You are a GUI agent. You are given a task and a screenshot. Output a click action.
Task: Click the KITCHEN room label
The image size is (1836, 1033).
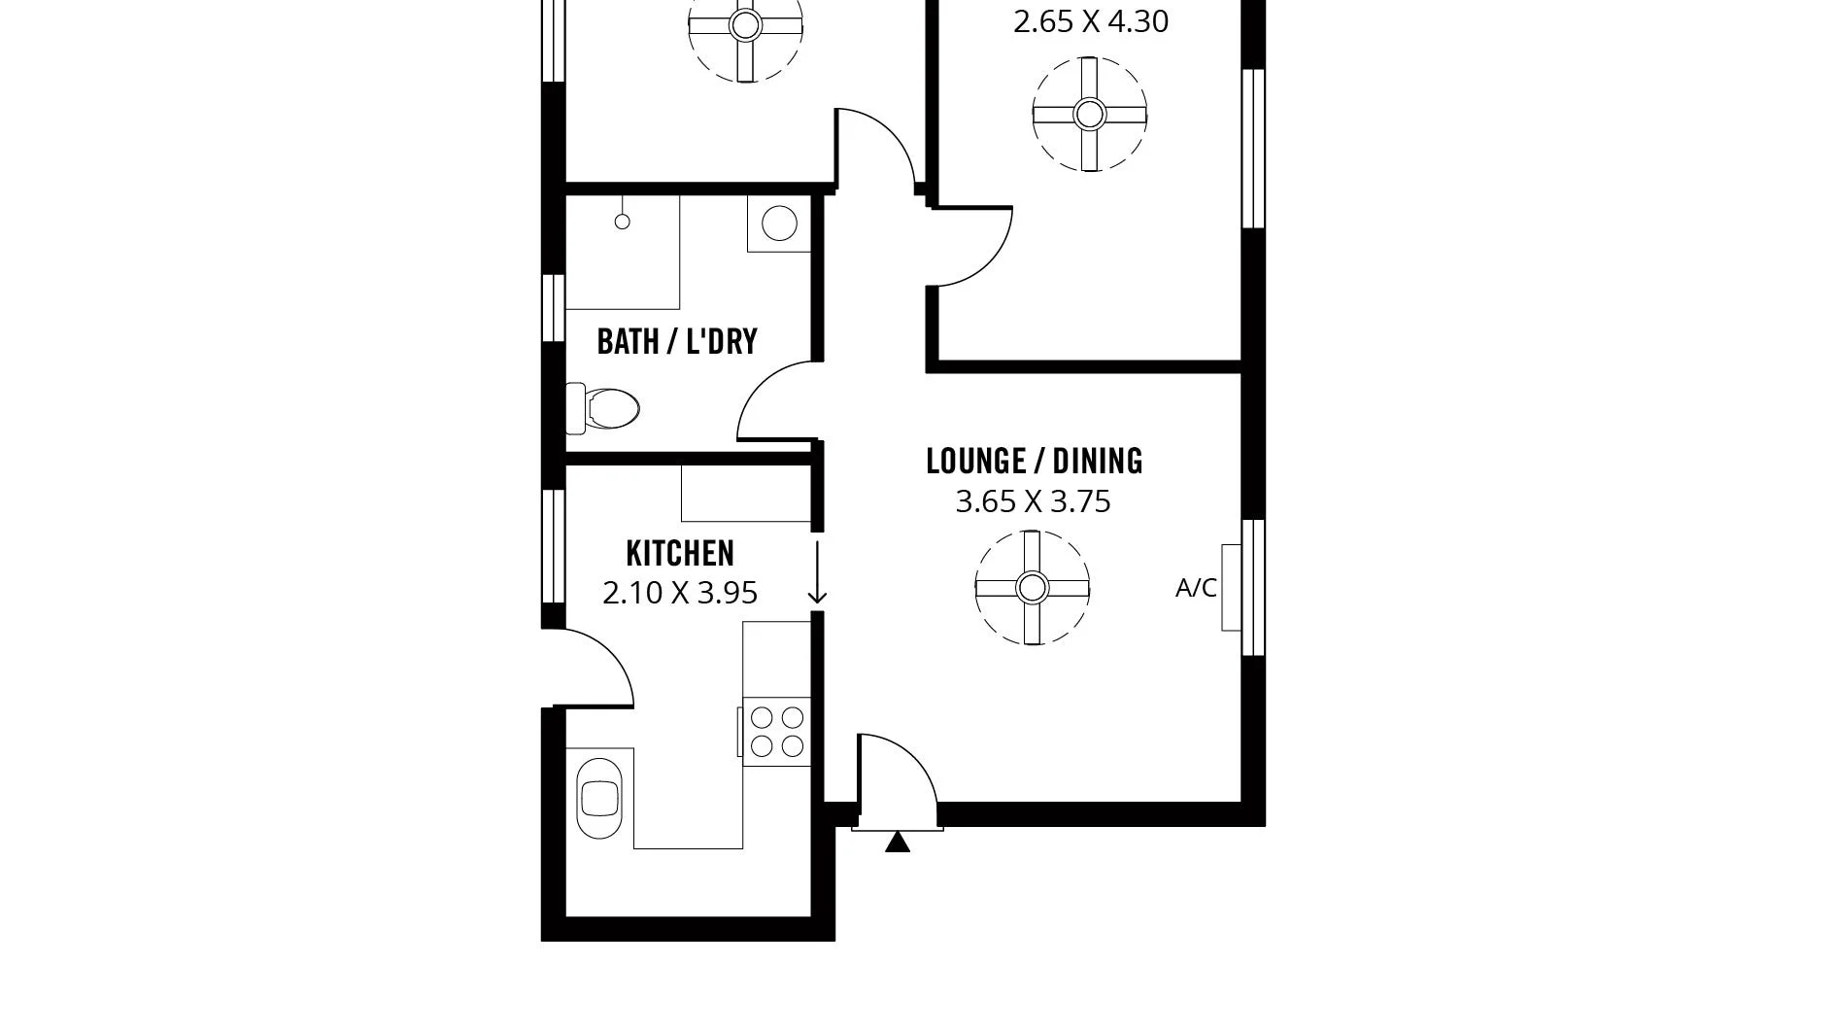[x=680, y=553]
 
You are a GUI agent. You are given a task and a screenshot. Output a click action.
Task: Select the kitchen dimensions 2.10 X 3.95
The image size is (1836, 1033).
[x=680, y=593]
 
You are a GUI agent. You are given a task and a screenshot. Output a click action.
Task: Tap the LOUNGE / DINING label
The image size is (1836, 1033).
[x=1034, y=461]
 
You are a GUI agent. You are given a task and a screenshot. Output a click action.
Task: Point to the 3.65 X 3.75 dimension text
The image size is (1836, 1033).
[x=1033, y=501]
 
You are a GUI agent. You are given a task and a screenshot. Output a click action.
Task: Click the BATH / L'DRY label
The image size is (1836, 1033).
[x=677, y=342]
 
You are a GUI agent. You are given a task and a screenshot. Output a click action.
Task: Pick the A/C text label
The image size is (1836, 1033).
[x=1196, y=588]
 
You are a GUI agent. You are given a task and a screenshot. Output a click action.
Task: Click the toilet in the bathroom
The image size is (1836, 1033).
[x=604, y=408]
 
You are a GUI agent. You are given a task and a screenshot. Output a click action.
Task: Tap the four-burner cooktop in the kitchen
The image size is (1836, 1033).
[x=777, y=732]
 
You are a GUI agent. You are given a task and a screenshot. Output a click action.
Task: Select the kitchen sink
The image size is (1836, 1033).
[x=598, y=799]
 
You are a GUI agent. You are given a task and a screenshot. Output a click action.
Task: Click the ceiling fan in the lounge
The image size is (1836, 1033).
[x=1032, y=587]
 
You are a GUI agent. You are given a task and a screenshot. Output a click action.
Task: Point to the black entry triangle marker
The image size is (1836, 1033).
[x=898, y=843]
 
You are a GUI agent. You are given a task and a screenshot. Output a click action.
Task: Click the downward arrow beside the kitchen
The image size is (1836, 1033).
[x=817, y=573]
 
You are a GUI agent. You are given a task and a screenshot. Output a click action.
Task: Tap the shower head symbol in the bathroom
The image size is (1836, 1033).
[x=622, y=221]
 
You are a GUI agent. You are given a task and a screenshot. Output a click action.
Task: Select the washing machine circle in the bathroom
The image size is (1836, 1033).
[x=779, y=224]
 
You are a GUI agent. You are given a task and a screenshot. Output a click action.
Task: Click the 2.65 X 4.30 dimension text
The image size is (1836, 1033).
[x=1090, y=21]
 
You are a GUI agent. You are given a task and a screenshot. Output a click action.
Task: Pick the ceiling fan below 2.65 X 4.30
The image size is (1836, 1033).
[x=1089, y=115]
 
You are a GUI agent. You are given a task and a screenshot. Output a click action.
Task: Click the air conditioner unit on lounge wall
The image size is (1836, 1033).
[x=1232, y=588]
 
